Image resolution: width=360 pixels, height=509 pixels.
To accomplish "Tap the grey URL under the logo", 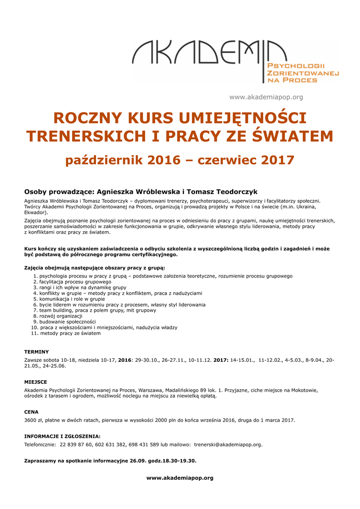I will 266,97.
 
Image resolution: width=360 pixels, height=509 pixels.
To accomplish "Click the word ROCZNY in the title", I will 88,118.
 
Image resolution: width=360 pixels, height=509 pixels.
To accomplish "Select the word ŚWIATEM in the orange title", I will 293,136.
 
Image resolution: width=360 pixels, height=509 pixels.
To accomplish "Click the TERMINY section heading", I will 36,351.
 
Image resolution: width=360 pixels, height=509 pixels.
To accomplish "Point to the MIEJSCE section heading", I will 36,382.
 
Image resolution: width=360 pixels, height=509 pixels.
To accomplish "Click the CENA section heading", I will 31,412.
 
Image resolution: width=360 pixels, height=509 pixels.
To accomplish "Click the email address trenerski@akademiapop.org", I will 228,444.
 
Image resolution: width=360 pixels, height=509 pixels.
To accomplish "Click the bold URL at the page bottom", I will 180,478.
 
